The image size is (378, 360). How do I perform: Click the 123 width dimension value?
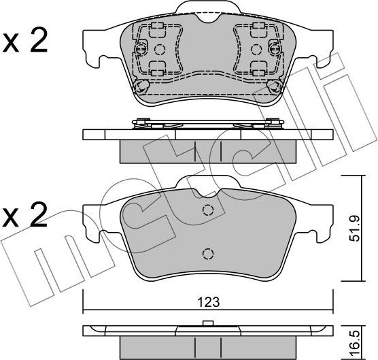pos(209,302)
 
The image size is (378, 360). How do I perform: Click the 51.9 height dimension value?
pos(355,228)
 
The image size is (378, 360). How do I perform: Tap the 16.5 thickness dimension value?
pos(356,343)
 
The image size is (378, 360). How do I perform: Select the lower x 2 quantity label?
pos(24,216)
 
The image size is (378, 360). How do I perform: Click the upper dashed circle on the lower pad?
pos(208,210)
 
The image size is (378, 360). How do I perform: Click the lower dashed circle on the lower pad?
pos(208,254)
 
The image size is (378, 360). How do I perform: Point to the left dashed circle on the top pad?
pos(160,50)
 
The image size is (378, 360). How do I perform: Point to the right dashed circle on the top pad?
pos(256,50)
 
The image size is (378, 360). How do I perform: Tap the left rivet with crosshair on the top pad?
pos(141,50)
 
